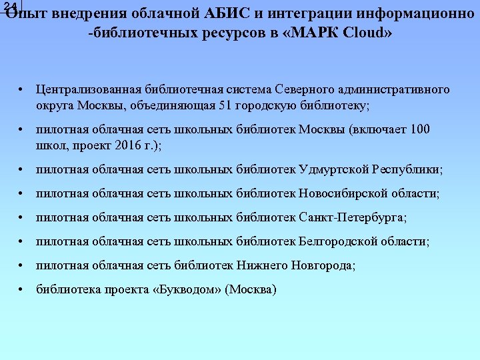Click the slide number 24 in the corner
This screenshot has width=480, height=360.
tap(10, 7)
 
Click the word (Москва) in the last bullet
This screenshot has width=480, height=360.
tap(251, 289)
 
